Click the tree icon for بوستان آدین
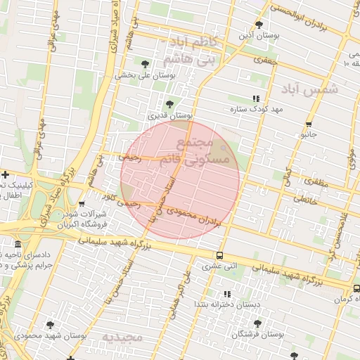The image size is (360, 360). coord(259,25)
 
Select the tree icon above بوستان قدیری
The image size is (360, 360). coord(169,104)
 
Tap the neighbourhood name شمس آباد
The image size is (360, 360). coord(310,89)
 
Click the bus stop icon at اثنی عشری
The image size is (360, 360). coord(220,255)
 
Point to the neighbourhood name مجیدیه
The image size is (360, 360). coord(122,338)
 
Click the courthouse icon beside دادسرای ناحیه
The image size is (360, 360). coord(17,245)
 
